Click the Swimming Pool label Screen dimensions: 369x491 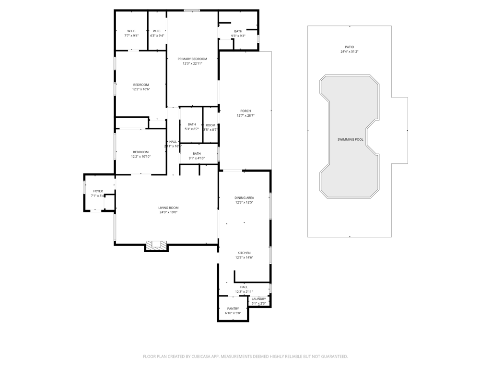pos(350,139)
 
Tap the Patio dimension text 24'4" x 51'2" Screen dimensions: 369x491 pos(350,51)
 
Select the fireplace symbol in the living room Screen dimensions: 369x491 pos(156,245)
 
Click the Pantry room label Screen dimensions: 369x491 pos(233,308)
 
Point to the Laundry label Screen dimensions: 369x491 pos(258,299)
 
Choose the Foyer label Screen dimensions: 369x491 pos(98,191)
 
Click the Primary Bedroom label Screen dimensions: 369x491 pos(192,59)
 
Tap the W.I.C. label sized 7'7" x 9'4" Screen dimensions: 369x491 pos(131,31)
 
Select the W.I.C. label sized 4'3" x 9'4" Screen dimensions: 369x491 pos(157,31)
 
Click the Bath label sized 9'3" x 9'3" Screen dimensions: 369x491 pos(238,31)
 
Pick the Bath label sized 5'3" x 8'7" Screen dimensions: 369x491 pos(192,124)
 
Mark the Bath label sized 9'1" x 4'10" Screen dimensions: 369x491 pos(197,154)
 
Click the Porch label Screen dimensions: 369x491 pos(245,111)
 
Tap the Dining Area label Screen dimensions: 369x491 pos(244,197)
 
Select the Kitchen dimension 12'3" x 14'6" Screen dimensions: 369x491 pos(244,258)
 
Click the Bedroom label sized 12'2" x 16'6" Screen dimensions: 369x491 pos(141,85)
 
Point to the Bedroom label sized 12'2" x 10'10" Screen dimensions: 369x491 pos(141,152)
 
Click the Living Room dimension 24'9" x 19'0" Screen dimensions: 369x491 pos(168,212)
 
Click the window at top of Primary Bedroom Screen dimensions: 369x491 pos(192,11)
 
